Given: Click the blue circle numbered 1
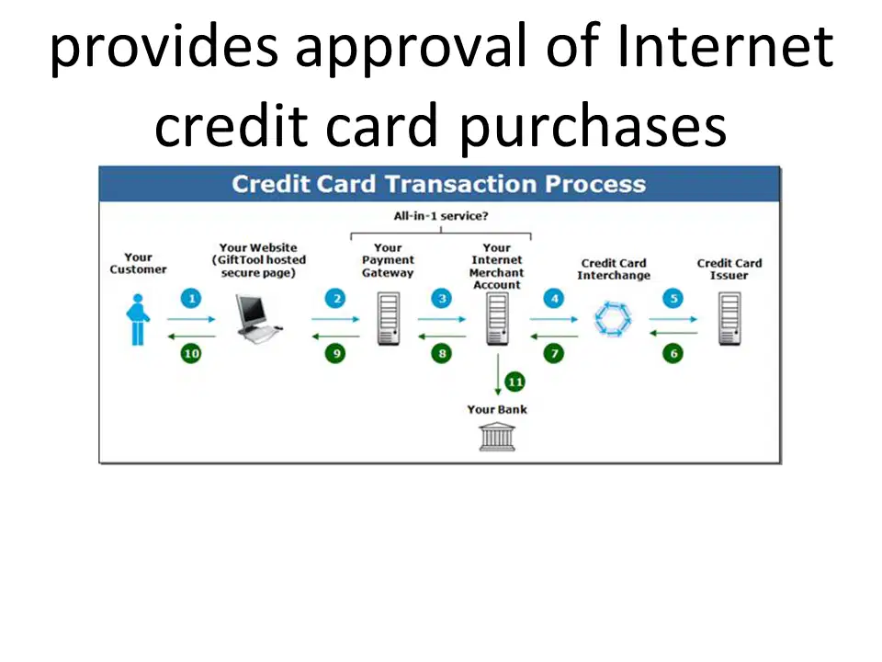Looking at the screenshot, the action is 191,298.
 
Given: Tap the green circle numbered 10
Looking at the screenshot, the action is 191,353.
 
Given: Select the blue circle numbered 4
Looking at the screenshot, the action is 554,298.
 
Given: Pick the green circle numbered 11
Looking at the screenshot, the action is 514,382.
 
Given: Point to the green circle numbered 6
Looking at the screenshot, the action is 673,353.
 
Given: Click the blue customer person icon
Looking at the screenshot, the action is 138,319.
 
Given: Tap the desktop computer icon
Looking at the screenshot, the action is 257,318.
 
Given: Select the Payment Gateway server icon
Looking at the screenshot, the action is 389,319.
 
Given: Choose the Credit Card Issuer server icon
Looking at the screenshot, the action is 729,319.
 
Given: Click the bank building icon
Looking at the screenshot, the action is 497,438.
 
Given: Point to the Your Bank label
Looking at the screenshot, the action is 497,409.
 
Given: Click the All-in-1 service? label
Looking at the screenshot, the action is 441,215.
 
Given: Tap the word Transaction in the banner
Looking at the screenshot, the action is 460,184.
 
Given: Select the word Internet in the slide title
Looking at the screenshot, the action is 725,46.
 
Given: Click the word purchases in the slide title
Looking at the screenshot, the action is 593,127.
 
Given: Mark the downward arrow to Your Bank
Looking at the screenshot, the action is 498,374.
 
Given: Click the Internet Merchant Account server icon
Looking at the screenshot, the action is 497,319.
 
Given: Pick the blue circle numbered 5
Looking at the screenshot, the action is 673,298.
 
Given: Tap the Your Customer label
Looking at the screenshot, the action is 138,263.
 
